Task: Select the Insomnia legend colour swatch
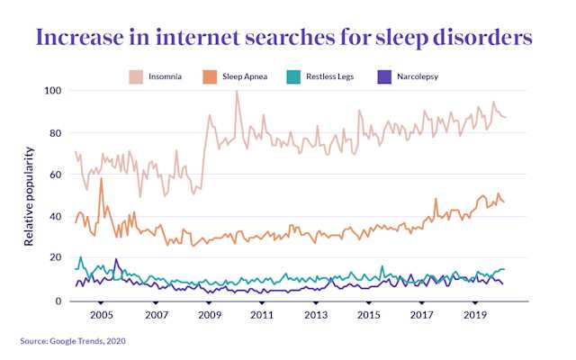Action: (138, 76)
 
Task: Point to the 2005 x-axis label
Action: (101, 317)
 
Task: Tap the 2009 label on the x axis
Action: (209, 317)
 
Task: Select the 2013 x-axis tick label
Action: (316, 317)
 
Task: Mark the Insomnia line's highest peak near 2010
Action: (237, 92)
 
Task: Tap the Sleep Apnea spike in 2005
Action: (101, 179)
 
